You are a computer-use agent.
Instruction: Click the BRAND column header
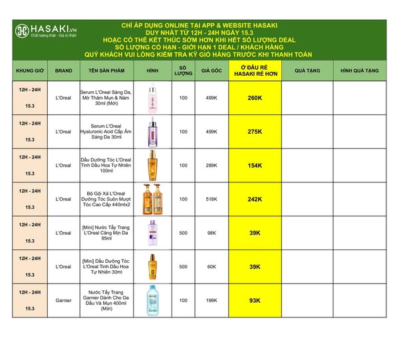click(64, 70)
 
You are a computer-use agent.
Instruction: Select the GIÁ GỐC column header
click(211, 70)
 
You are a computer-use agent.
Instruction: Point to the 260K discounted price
click(254, 98)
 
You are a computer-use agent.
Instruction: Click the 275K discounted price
click(254, 132)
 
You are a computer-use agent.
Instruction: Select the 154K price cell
click(254, 165)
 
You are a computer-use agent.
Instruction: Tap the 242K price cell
click(254, 199)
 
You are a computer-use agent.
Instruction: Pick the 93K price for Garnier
click(254, 300)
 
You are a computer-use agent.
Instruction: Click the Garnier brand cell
click(64, 300)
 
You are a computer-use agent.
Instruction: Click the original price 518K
click(211, 199)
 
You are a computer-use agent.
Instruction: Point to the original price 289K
click(211, 165)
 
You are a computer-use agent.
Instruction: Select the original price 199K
click(211, 300)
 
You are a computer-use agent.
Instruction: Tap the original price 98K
click(211, 233)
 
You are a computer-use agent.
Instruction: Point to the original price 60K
click(211, 266)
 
